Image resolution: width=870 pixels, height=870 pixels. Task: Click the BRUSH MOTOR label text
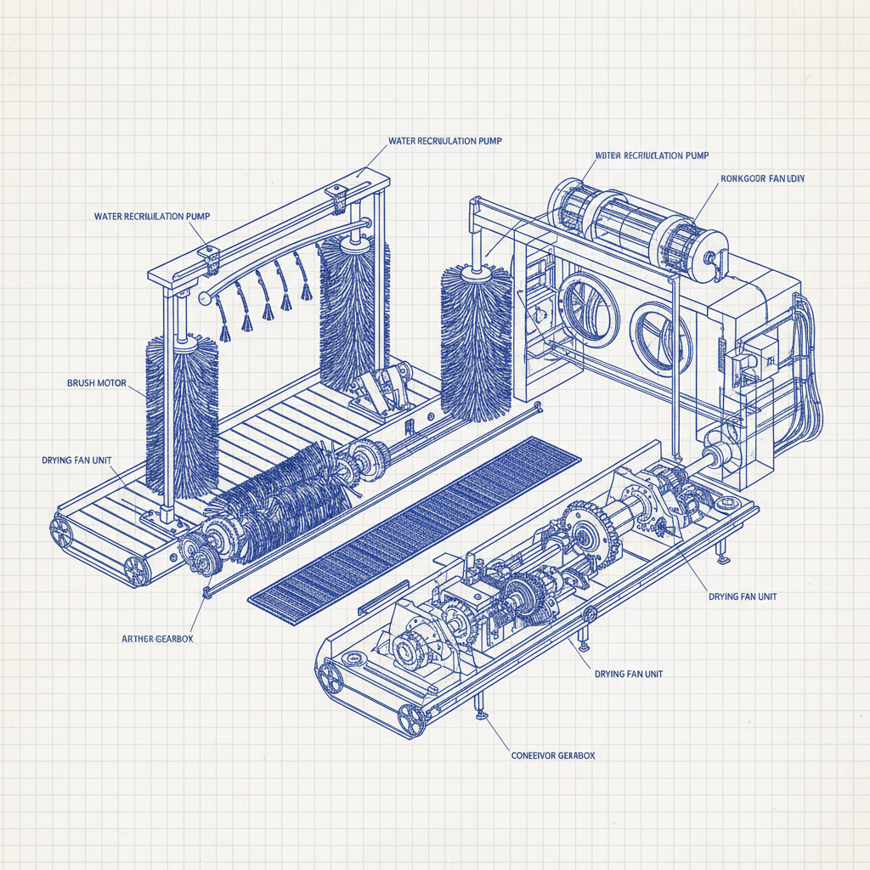tap(96, 383)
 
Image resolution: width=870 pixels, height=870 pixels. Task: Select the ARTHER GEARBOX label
tap(157, 638)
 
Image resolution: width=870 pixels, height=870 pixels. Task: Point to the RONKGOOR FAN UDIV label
tap(762, 178)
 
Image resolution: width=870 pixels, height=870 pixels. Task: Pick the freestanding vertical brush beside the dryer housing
tap(477, 344)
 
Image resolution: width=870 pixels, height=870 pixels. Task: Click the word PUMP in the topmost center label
tap(483, 140)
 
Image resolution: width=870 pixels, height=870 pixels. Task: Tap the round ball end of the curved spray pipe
tap(204, 297)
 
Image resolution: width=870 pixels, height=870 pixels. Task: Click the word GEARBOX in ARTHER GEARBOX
tap(174, 638)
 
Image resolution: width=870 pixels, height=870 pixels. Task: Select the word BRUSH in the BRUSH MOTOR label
tap(82, 383)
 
